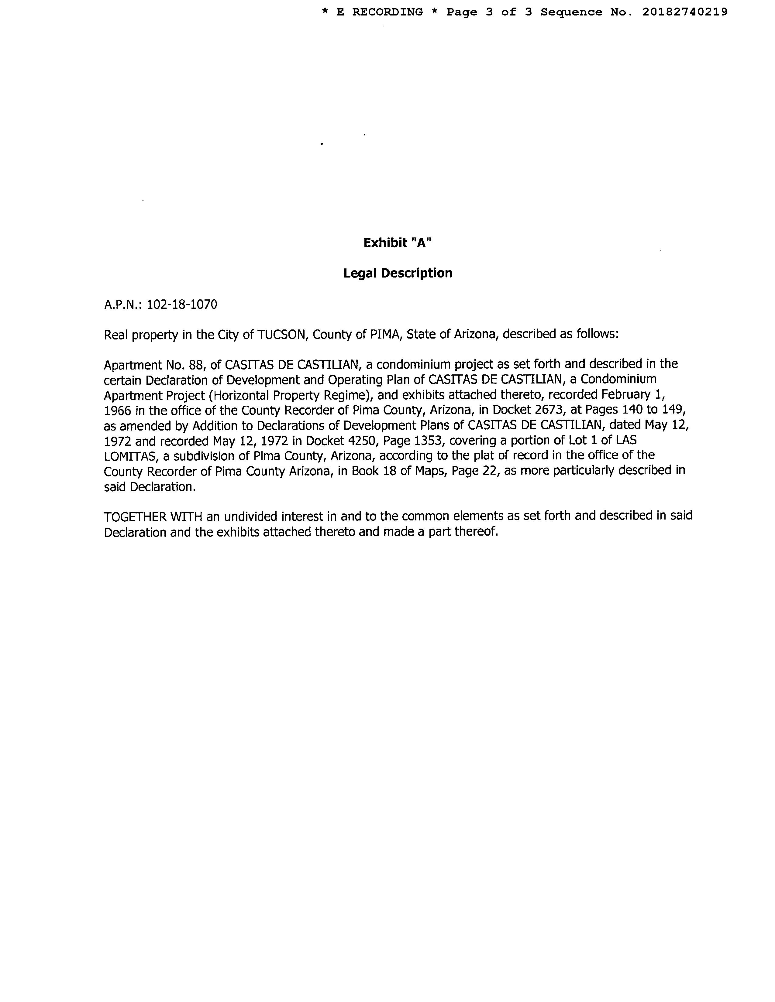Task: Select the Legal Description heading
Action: point(398,274)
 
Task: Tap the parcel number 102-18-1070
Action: point(182,305)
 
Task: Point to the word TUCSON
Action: point(281,335)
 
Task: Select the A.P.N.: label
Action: point(123,305)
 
